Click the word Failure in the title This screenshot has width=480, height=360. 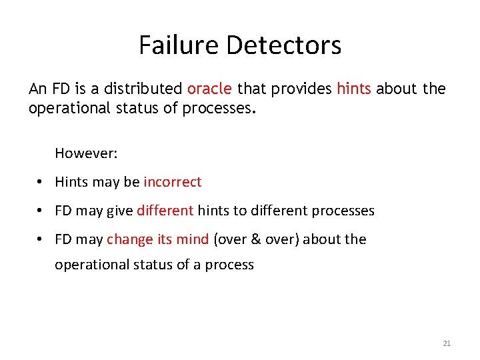(x=179, y=45)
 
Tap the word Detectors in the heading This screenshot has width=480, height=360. (x=283, y=45)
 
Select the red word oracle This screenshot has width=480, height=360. (x=209, y=89)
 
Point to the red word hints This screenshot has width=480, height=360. (x=353, y=89)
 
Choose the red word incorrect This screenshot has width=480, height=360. (x=172, y=182)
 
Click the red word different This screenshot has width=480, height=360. (x=165, y=211)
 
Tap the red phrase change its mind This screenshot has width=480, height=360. (x=157, y=239)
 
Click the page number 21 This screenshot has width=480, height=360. (x=447, y=343)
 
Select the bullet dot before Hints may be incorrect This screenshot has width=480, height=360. (x=41, y=183)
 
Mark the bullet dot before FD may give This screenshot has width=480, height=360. (x=41, y=211)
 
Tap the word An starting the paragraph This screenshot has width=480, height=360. (x=38, y=89)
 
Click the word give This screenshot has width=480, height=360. (x=119, y=211)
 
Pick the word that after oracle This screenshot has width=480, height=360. (x=251, y=89)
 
